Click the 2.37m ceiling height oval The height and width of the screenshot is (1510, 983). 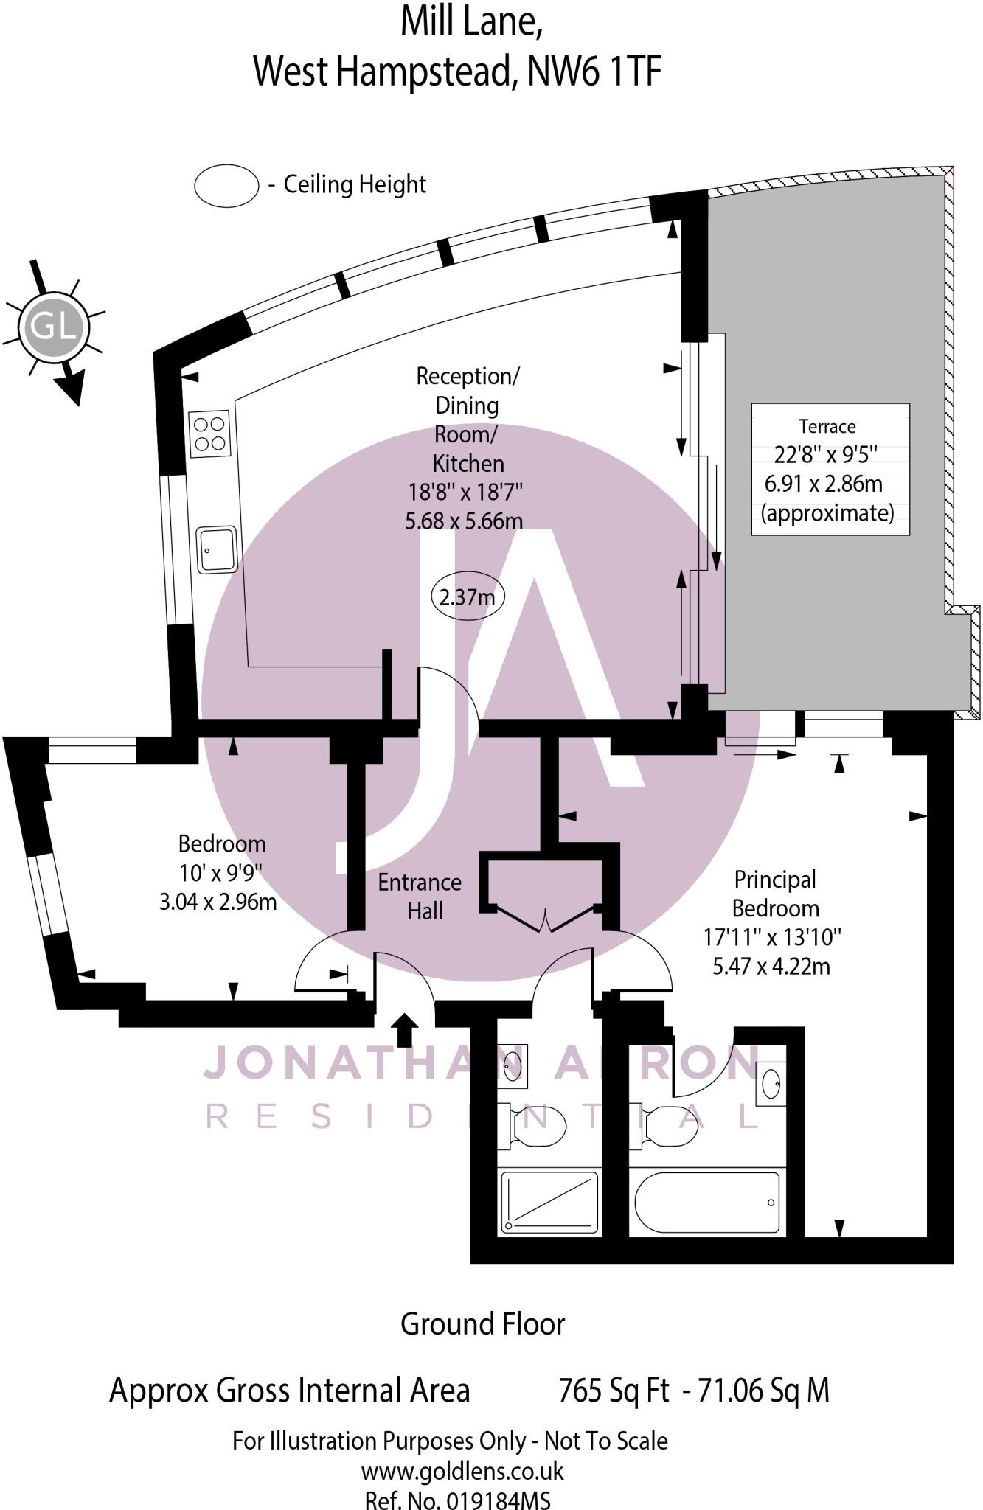(468, 596)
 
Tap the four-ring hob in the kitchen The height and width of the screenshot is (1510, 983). (209, 434)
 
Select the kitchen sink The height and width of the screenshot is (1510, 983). (217, 549)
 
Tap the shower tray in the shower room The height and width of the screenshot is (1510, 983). (549, 1202)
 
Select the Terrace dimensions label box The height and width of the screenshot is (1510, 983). (830, 469)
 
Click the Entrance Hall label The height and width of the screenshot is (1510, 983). (420, 897)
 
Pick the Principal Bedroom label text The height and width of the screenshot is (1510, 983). (775, 894)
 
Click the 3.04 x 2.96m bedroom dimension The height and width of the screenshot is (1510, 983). (218, 902)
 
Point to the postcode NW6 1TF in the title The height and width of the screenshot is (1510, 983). (594, 72)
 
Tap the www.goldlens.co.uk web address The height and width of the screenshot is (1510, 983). (462, 1471)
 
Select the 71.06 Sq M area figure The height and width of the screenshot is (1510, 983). (764, 1391)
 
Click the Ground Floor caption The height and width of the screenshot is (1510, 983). (482, 1324)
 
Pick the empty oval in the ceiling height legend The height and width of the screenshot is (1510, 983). (226, 185)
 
